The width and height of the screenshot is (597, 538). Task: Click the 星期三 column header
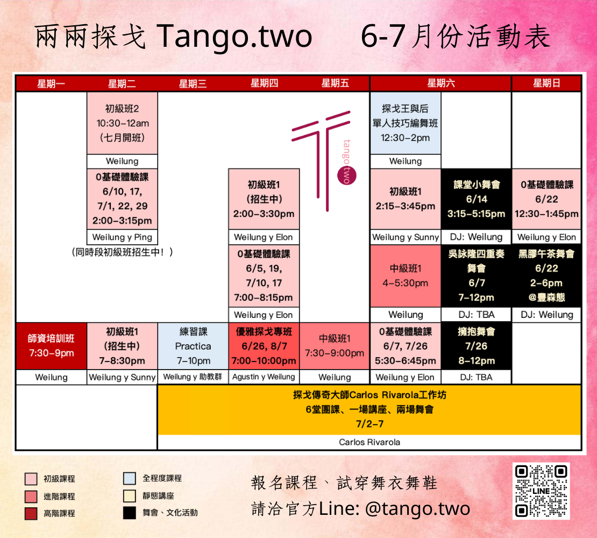(x=193, y=83)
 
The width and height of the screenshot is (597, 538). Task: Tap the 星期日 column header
(x=546, y=83)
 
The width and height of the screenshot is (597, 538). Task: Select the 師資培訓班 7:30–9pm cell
(x=52, y=346)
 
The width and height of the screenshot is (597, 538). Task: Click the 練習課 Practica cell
(x=193, y=346)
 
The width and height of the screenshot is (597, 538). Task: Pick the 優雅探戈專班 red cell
(x=264, y=346)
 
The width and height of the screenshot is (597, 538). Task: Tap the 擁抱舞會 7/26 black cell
(x=477, y=346)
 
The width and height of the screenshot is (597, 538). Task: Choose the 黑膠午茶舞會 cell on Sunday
(x=546, y=275)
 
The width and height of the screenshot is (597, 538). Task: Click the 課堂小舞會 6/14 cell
(x=477, y=199)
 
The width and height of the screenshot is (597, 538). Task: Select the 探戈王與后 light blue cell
(x=406, y=123)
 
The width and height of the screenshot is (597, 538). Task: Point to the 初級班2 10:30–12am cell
(x=122, y=123)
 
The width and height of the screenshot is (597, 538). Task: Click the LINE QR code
(x=541, y=491)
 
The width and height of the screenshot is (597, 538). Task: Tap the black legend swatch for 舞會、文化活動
(x=130, y=513)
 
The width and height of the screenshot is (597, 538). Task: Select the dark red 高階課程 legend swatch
(x=31, y=513)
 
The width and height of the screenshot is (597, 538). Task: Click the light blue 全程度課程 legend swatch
(x=130, y=478)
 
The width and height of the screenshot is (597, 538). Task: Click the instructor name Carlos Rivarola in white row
(x=369, y=442)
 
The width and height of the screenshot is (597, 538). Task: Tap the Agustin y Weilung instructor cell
(x=264, y=377)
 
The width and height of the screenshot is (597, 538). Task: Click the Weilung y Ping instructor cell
(x=122, y=237)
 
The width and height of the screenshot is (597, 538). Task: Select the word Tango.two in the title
(x=234, y=37)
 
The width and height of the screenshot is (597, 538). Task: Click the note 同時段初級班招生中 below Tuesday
(x=122, y=252)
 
